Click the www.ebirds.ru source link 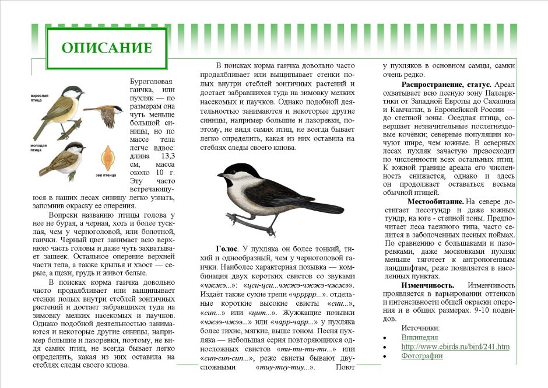(455, 347)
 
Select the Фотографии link (422, 356)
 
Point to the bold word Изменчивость (427, 285)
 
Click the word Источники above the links (421, 328)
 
